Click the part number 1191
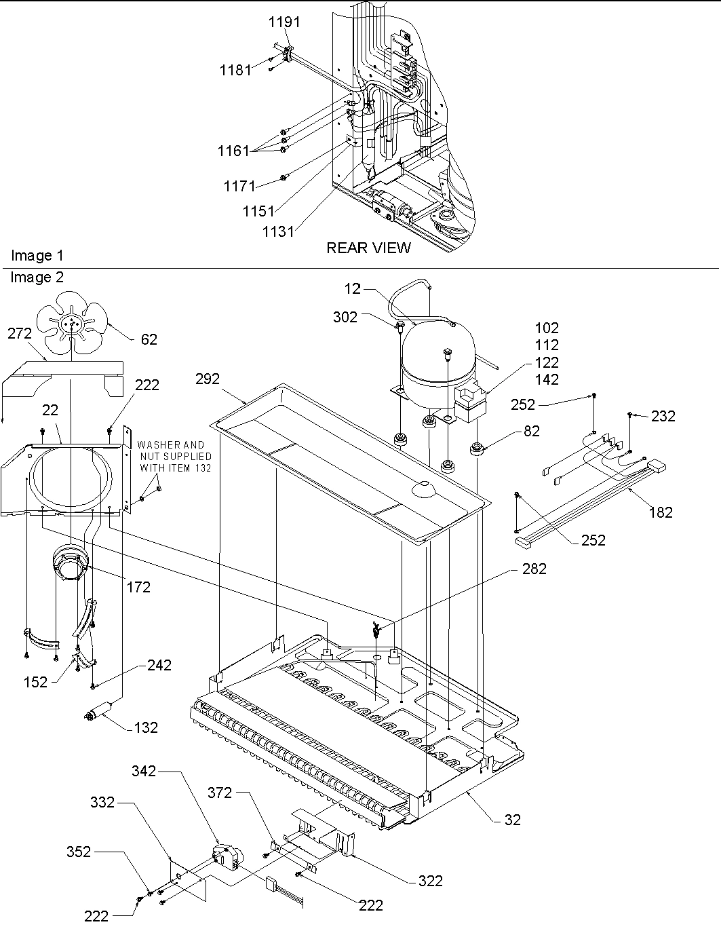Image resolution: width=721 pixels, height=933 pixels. pos(284,22)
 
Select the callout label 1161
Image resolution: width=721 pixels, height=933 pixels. pos(234,151)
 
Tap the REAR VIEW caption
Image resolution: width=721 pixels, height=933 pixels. pos(368,248)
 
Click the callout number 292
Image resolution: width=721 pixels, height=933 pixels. pos(208,379)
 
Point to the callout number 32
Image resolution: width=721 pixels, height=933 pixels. pos(513,820)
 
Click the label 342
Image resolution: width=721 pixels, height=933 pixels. pos(144,771)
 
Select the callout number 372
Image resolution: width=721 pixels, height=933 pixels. pos(220,793)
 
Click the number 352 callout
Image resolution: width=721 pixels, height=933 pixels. pos(79,852)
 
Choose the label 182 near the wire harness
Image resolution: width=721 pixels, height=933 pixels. pos(660,512)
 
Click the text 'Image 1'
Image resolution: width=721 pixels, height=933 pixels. pos(37,256)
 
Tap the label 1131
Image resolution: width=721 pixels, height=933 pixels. pos(278,231)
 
